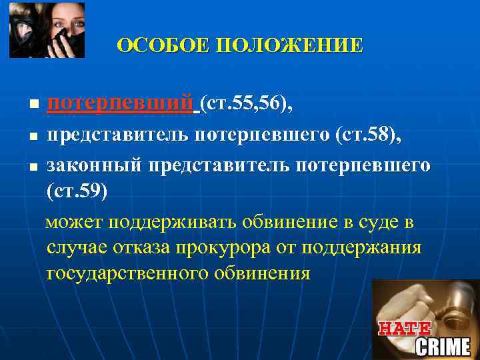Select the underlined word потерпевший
[123, 103]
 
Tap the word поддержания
[362, 247]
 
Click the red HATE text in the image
[405, 329]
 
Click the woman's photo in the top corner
[47, 30]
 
